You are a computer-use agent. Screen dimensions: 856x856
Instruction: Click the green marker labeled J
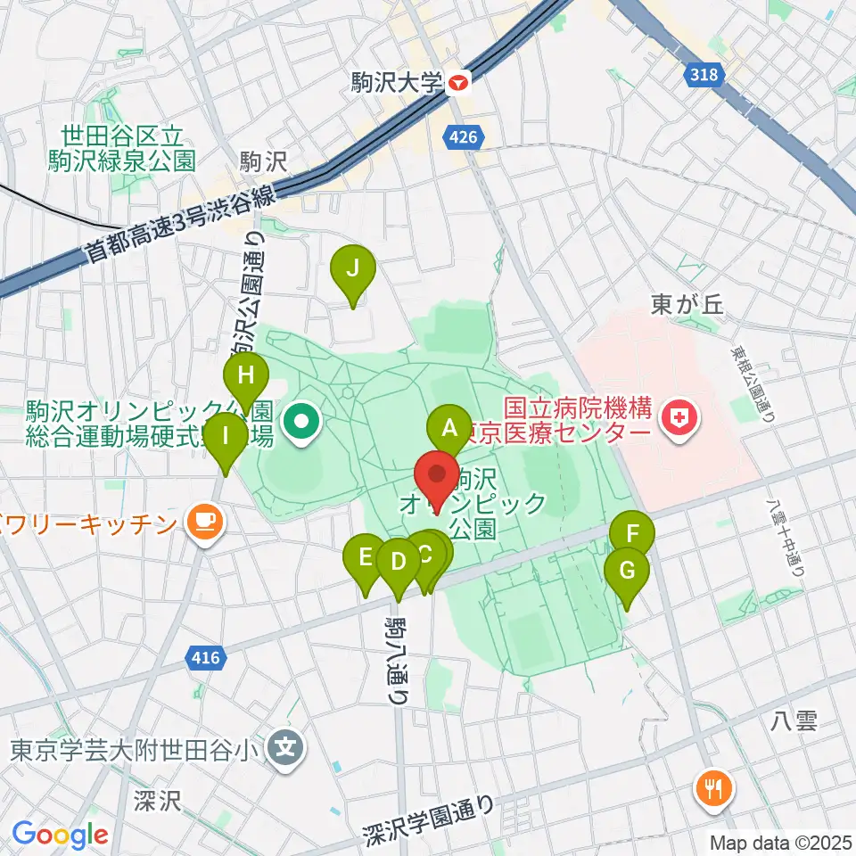[354, 268]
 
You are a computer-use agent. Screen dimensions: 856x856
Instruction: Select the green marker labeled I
[226, 437]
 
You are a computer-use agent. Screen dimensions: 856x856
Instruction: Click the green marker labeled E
[366, 558]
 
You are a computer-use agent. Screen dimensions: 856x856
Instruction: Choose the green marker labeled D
[398, 563]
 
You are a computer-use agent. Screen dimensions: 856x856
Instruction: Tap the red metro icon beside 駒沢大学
[458, 84]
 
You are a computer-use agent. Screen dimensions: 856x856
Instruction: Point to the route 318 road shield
[704, 76]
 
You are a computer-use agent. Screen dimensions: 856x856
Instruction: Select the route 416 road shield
[205, 659]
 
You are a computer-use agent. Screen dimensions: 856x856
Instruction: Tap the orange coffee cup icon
[205, 520]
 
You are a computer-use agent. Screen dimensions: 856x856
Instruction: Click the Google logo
[60, 835]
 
